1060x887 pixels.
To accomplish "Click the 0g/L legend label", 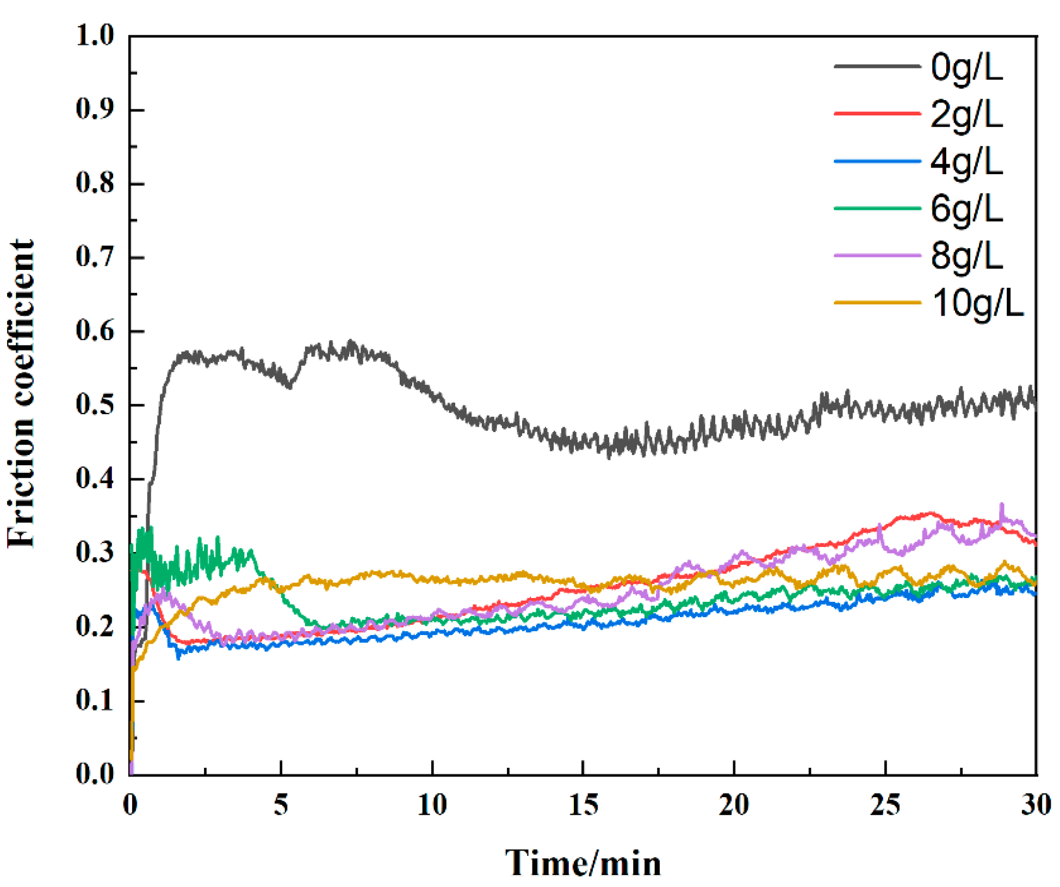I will click(966, 68).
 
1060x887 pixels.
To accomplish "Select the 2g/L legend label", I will click(966, 115).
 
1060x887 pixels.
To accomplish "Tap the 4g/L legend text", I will click(966, 162).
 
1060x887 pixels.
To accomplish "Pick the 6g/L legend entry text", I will click(966, 209).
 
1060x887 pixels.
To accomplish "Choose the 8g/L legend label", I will click(966, 256).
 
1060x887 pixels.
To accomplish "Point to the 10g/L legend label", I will click(977, 303).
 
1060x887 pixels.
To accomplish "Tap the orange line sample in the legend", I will click(877, 302).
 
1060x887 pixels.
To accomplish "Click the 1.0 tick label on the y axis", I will click(95, 36).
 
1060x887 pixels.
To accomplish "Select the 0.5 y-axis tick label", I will click(95, 405).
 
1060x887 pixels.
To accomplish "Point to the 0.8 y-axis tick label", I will click(95, 183).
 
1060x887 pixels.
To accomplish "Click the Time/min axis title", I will click(583, 863).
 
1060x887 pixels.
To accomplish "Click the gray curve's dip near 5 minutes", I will click(290, 386).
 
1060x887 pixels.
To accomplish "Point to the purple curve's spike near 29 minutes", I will click(1002, 506).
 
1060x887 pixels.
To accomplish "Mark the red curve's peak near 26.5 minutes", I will click(931, 513).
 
